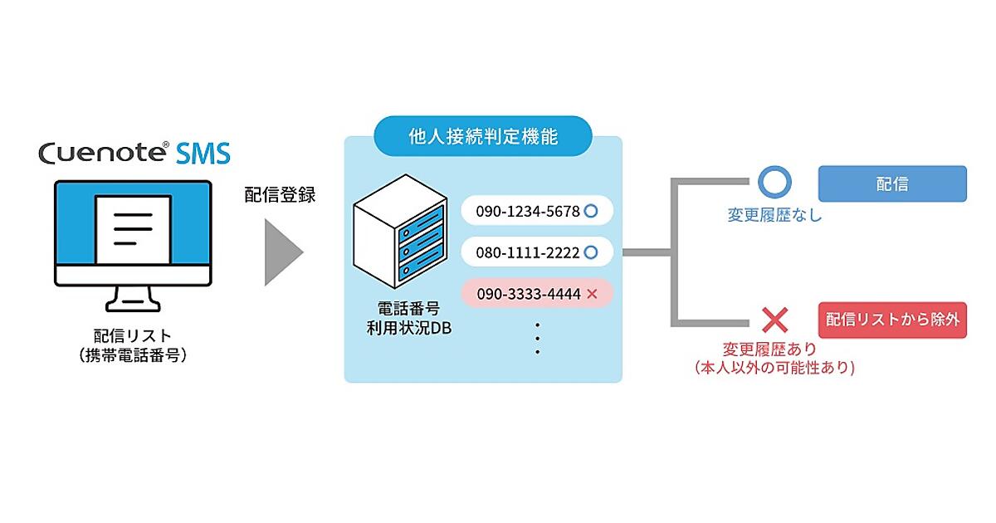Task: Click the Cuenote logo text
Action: click(x=104, y=154)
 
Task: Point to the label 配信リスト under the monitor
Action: click(x=134, y=336)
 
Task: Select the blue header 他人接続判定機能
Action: click(x=483, y=137)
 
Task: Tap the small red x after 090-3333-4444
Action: click(x=592, y=293)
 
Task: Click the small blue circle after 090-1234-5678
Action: click(x=591, y=211)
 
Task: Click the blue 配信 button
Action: click(x=892, y=184)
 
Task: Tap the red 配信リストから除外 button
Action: click(x=892, y=320)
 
